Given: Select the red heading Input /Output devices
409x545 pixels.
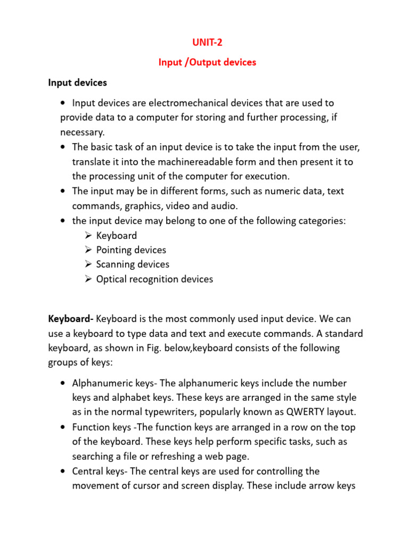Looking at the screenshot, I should pos(207,62).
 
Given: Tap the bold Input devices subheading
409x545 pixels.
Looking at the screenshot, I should pos(77,82).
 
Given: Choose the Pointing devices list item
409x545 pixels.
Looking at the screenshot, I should pos(131,250).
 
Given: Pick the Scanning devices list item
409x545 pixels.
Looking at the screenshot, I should pos(133,265).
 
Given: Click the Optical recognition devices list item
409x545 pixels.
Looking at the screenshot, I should pos(154,279).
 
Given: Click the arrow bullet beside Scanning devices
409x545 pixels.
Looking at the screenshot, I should pos(88,265).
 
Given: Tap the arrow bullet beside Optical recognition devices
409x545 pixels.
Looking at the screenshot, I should pos(88,279).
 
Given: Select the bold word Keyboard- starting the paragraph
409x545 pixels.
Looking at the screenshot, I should pos(71,319).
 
